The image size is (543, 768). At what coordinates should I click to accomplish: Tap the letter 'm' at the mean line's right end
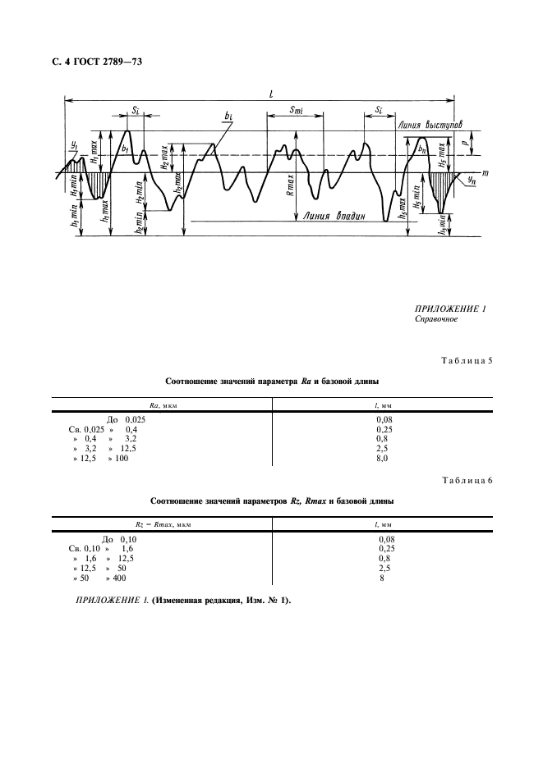(485, 173)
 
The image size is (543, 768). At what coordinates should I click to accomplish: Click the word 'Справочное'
(437, 320)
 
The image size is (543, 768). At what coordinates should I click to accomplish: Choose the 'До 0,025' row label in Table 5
(127, 419)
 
